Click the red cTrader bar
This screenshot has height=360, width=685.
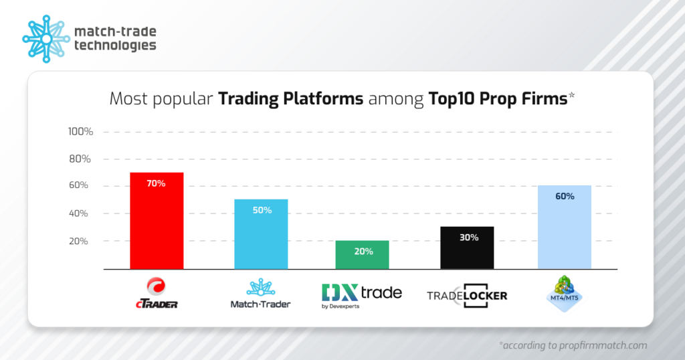pos(157,221)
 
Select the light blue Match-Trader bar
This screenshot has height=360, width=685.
pos(261,234)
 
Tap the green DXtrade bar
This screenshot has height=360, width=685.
pos(362,255)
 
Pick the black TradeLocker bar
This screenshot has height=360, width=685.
pos(467,248)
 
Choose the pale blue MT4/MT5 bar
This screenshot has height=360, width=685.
pos(564,228)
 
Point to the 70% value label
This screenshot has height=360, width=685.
pos(157,183)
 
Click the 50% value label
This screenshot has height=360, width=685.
pos(262,210)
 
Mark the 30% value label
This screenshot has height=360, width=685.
pos(468,238)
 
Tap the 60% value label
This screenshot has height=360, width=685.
pos(564,196)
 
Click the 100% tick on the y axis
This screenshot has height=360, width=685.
pos(80,131)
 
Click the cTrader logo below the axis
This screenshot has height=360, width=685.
pos(156,294)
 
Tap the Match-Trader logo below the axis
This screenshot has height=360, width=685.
pos(260,294)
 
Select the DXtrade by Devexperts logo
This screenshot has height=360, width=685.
pos(362,295)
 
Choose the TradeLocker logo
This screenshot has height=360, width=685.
pos(467,295)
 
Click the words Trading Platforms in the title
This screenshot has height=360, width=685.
pos(291,99)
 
